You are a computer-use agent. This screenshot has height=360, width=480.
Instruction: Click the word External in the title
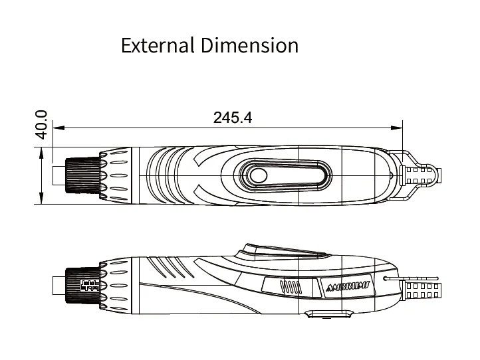[x=158, y=46]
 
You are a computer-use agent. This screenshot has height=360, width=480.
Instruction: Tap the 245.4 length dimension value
[x=233, y=118]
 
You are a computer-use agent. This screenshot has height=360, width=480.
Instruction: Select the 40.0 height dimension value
[x=41, y=124]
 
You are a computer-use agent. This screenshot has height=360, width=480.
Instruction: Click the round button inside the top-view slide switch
[x=259, y=176]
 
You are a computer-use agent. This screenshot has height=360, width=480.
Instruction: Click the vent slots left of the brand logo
[x=291, y=287]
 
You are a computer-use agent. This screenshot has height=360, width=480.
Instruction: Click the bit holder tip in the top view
[x=59, y=175]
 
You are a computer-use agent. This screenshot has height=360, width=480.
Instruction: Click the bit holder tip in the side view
[x=59, y=286]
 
